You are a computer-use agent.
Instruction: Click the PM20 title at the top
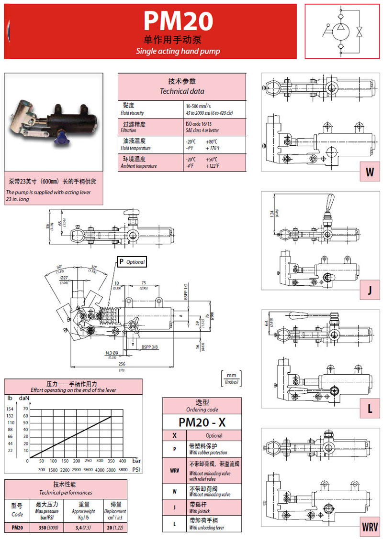[178, 21]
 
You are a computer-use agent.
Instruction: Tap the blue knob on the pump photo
[61, 140]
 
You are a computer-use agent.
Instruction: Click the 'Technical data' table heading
[182, 91]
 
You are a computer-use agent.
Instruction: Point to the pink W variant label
[370, 173]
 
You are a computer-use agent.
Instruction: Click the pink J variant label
[370, 291]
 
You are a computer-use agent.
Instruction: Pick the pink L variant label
[370, 409]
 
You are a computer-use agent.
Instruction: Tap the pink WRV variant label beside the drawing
[369, 527]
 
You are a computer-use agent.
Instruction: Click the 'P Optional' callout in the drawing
[131, 262]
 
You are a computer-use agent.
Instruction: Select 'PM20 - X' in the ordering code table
[202, 422]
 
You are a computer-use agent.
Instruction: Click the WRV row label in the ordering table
[174, 470]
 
